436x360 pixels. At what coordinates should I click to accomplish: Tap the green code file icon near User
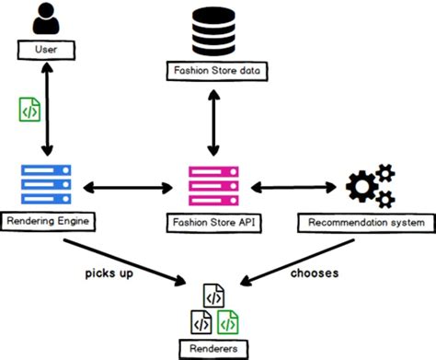29,109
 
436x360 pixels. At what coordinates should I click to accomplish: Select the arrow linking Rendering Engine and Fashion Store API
129,189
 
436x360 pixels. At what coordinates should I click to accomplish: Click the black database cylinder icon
217,32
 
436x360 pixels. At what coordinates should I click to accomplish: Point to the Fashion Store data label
217,71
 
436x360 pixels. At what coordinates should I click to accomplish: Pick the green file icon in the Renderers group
230,320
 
